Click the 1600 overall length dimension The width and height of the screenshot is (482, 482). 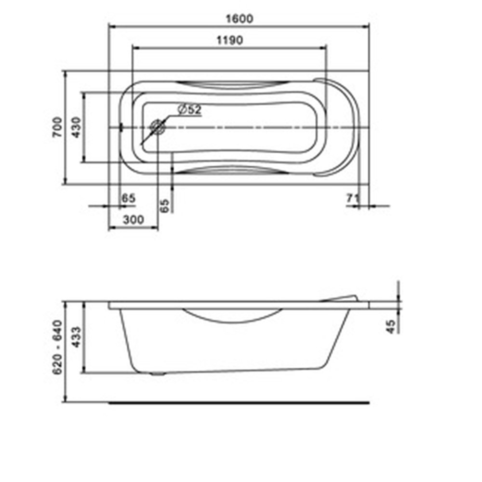240,19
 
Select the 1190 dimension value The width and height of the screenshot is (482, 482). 230,40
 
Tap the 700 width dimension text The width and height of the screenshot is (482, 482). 57,127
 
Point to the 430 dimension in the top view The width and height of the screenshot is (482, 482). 76,127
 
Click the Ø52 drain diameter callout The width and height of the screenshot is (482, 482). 189,109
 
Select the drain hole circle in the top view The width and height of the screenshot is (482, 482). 158,127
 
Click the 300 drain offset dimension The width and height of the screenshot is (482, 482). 134,220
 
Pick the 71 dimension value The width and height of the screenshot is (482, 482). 353,198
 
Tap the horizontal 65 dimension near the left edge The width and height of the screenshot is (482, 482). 129,198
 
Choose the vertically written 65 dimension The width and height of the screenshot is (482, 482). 165,205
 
